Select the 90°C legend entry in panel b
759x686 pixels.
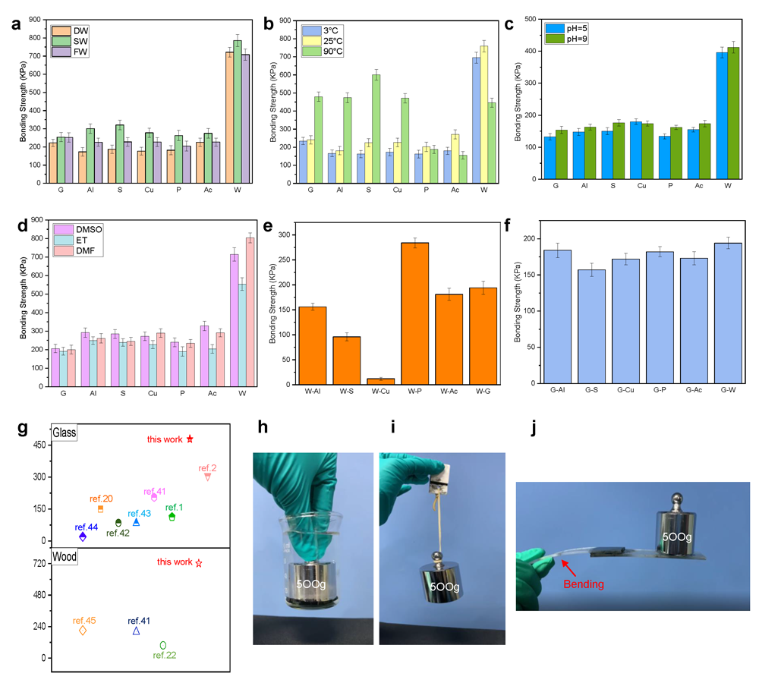(324, 51)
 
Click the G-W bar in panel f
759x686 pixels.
(728, 313)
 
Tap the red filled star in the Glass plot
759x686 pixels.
(190, 439)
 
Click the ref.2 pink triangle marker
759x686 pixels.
(207, 477)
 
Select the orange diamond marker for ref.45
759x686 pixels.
(83, 631)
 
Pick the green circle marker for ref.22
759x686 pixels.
(163, 645)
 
